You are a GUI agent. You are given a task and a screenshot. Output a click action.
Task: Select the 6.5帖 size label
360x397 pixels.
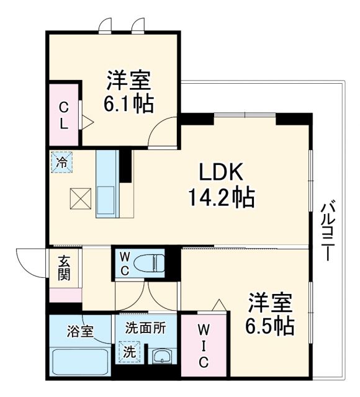pos(268,324)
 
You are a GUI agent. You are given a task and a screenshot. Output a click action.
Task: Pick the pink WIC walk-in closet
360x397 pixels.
pos(202,347)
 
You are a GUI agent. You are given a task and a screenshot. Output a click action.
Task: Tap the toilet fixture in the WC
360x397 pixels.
pos(150,264)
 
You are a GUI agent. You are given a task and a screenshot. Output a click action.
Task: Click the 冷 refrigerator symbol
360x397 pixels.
pos(61,163)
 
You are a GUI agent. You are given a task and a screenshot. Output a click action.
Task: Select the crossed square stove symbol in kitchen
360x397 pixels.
pos(80,198)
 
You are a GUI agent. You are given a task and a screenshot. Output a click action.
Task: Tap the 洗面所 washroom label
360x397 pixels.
pos(145,329)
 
